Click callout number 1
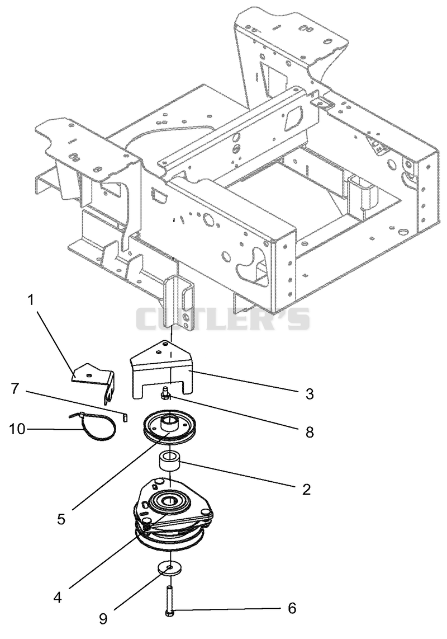click(31, 301)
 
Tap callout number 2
click(306, 489)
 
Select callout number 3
click(310, 394)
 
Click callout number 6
click(292, 608)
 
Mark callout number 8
click(310, 432)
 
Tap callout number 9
click(103, 619)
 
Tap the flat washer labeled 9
click(169, 568)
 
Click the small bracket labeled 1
click(94, 381)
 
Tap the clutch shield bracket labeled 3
click(161, 369)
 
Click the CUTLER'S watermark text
click(222, 319)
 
